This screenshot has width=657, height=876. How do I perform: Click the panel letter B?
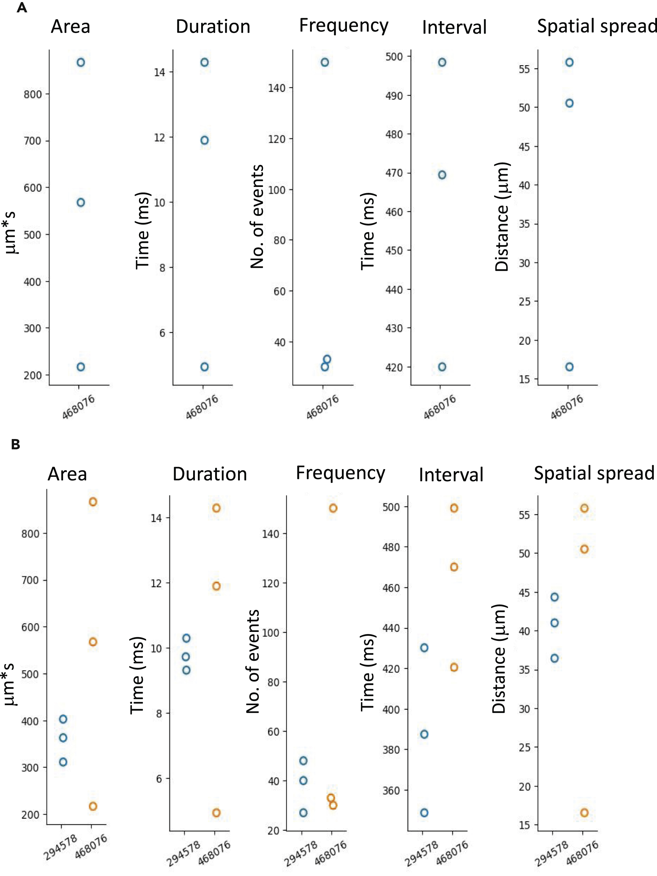click(x=15, y=445)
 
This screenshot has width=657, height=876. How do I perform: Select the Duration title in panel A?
click(x=213, y=27)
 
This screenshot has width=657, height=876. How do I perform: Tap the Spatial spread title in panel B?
click(x=594, y=473)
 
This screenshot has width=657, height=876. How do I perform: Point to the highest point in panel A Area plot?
click(x=81, y=62)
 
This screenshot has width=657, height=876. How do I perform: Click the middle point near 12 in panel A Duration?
click(x=204, y=140)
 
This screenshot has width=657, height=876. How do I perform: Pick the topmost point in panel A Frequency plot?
click(x=325, y=62)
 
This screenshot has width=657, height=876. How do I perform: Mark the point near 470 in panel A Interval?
click(x=442, y=175)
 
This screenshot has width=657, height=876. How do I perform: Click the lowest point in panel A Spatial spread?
click(x=569, y=367)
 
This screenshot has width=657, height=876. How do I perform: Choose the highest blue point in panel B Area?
click(x=63, y=719)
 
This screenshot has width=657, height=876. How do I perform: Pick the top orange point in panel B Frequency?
click(x=333, y=508)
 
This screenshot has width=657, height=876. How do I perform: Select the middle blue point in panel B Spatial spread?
click(x=554, y=623)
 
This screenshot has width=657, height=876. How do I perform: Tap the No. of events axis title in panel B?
click(x=253, y=661)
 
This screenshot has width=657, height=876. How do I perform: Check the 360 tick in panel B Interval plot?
click(x=391, y=791)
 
